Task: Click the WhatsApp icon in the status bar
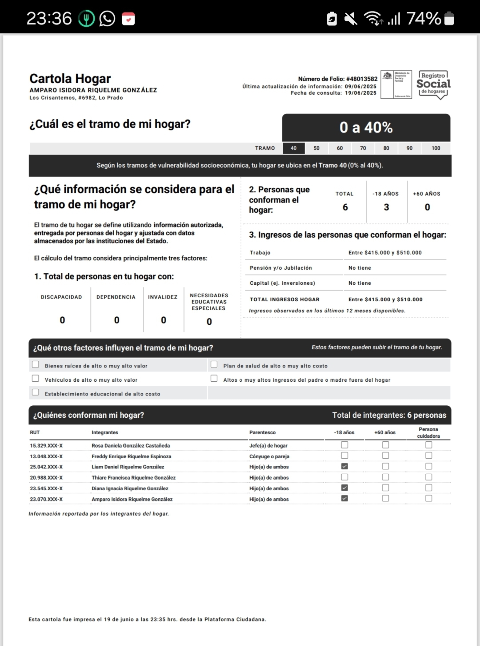tap(107, 19)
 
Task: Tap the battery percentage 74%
tap(424, 19)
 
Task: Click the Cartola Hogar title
tap(70, 79)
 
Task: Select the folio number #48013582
tap(362, 79)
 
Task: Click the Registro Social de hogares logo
tap(433, 85)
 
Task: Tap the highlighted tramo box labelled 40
tap(293, 148)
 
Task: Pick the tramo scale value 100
tap(436, 148)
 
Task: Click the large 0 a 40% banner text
tap(366, 128)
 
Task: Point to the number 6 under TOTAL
tap(345, 207)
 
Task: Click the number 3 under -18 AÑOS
tap(386, 207)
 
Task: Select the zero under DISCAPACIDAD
tap(62, 320)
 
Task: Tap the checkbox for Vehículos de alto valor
tap(36, 379)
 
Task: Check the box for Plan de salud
tap(214, 365)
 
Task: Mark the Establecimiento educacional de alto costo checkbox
tap(36, 392)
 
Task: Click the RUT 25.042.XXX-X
tap(46, 467)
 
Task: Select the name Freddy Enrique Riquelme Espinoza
tap(131, 456)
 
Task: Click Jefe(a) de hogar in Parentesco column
tap(268, 446)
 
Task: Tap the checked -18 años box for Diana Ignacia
tap(344, 488)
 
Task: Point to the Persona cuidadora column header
tap(428, 432)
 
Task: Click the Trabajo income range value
tap(385, 253)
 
